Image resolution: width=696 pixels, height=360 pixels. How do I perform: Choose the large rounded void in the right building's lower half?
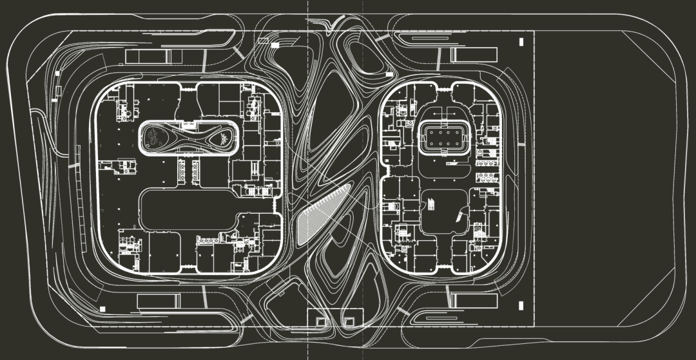pos(445,213)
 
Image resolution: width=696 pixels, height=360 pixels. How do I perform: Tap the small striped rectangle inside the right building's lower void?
pos(430,205)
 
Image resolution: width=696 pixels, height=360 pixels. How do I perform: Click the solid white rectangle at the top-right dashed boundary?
pos(521,42)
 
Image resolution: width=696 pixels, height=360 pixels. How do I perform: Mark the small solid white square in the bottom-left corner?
pos(102,309)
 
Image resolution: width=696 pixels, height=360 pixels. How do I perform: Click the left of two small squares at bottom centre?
pos(321,320)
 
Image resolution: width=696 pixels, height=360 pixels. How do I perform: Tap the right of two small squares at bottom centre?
pos(349,320)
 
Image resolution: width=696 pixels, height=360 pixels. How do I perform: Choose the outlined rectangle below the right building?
pos(474,300)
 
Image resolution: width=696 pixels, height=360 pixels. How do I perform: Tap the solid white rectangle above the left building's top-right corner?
pos(275,46)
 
